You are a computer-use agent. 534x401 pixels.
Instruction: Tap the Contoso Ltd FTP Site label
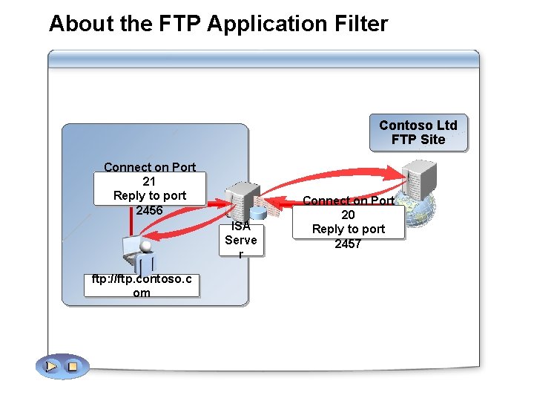pos(418,132)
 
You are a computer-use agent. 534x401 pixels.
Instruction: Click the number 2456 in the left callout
pos(149,210)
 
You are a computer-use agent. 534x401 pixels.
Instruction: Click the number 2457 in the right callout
pos(348,244)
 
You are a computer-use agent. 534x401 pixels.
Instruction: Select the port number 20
pos(348,215)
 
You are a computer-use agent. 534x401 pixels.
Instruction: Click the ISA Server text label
pos(241,239)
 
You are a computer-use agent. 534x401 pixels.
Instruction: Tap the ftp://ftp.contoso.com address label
pos(141,286)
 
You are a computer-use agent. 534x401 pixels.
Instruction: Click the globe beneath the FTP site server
pos(424,209)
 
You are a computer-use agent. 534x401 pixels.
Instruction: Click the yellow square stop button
pos(72,366)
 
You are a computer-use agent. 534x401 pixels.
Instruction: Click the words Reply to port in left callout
pos(149,196)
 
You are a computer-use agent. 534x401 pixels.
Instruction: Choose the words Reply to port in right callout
pos(348,229)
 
